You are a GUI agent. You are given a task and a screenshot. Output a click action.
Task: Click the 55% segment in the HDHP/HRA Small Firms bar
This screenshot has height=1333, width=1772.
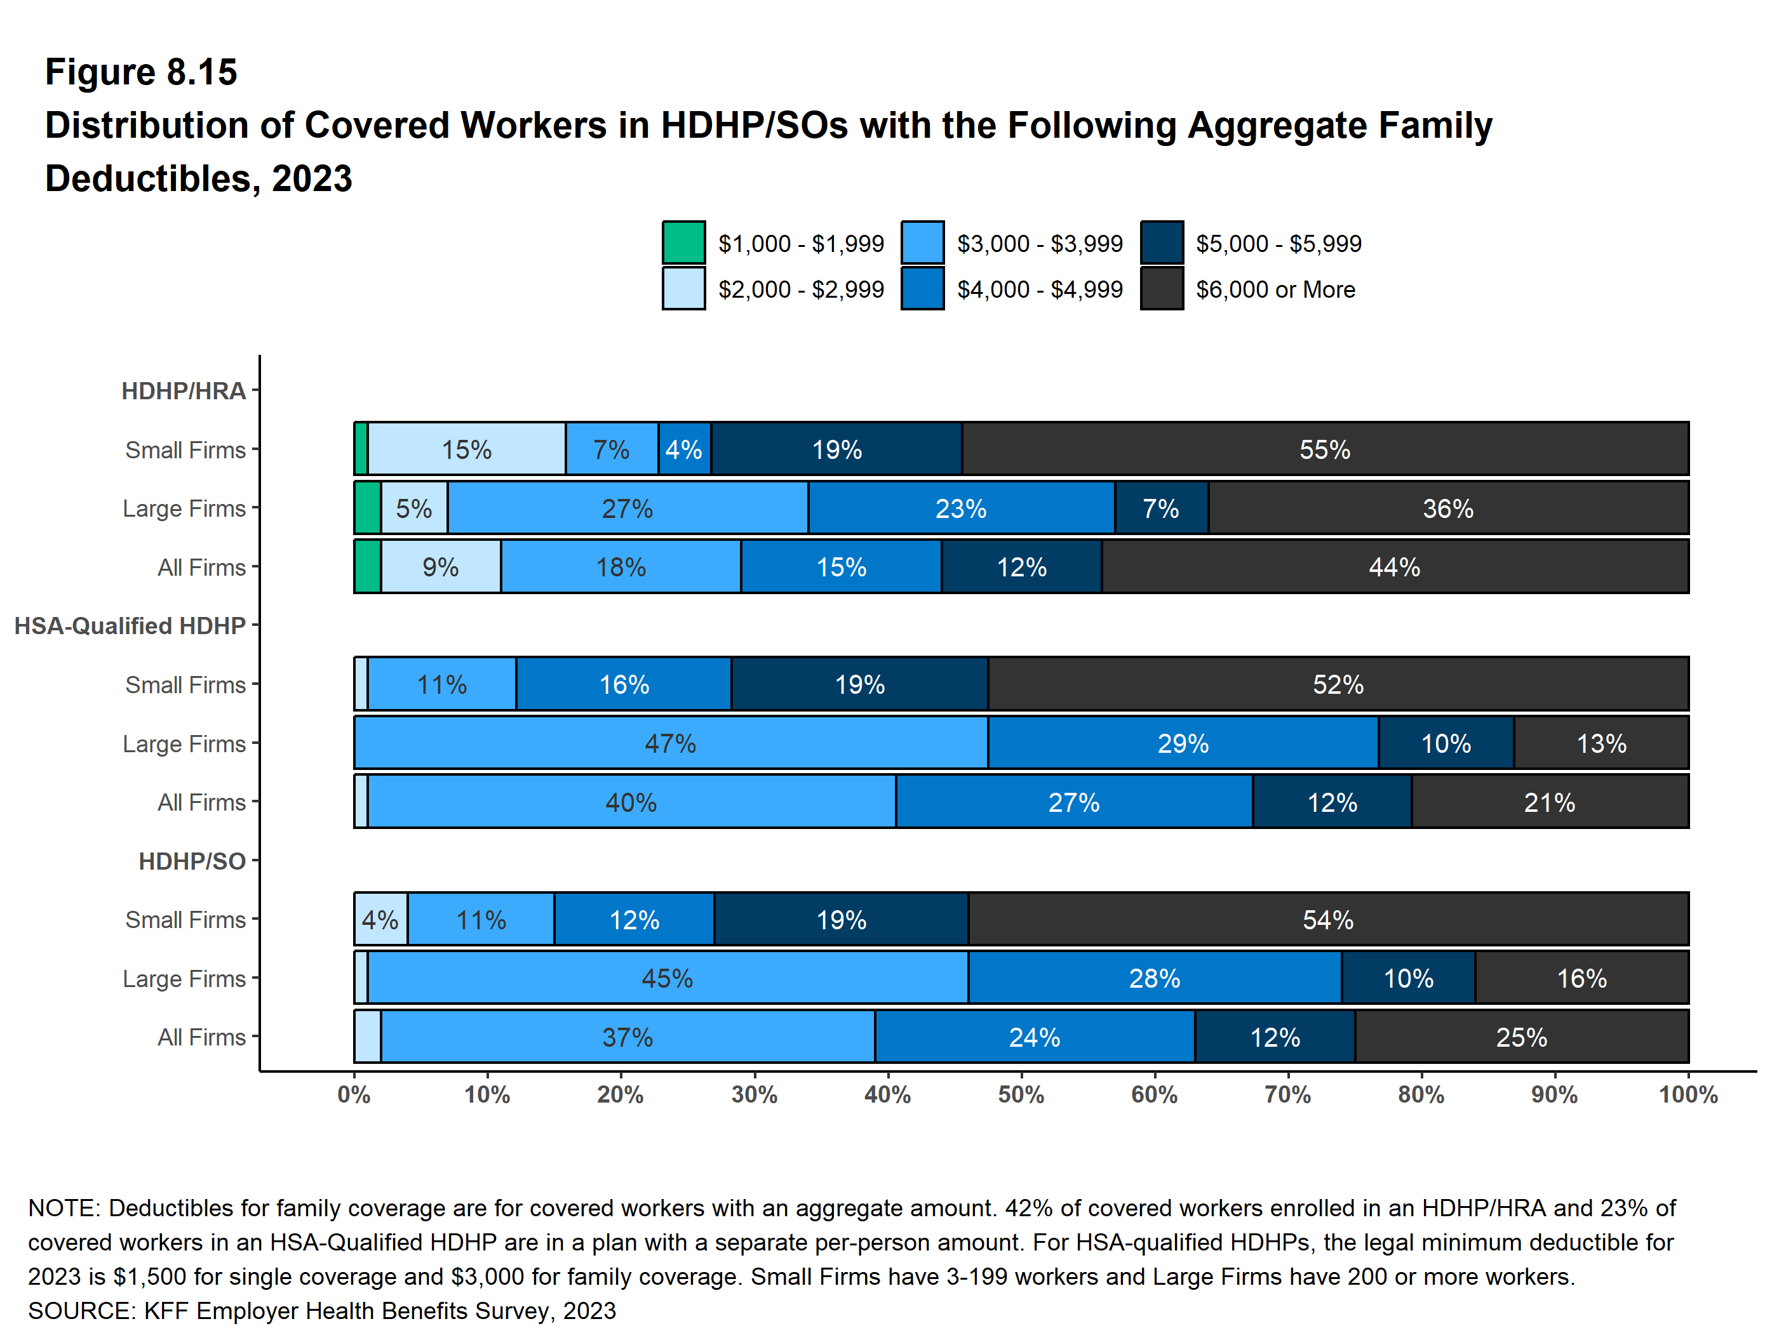coord(1324,449)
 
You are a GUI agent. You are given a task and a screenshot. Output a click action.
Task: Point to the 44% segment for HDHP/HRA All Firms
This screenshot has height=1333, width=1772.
coord(1394,567)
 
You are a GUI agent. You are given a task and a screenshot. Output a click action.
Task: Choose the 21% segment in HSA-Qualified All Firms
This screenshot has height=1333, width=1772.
coord(1549,802)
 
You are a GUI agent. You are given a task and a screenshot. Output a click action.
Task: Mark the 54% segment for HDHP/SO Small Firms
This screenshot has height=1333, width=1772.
coord(1327,919)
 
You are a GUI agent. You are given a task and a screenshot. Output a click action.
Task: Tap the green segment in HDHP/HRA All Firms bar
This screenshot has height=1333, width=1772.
coord(368,567)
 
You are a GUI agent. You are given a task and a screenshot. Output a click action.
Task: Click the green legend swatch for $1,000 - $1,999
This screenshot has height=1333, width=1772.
coord(683,242)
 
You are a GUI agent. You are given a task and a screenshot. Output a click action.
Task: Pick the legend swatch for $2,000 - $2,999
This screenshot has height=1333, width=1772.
coord(683,288)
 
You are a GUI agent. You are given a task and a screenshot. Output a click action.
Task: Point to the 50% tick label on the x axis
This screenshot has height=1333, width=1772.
coord(1021,1094)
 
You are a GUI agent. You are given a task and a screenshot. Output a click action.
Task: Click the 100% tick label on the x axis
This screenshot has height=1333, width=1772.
coord(1688,1094)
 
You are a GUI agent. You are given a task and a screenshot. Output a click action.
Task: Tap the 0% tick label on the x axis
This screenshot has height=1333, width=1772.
coord(353,1094)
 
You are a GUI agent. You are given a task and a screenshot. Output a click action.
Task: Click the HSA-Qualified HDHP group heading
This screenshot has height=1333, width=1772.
coord(130,625)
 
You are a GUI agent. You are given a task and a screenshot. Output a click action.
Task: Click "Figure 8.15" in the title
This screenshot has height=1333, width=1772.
coord(141,72)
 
